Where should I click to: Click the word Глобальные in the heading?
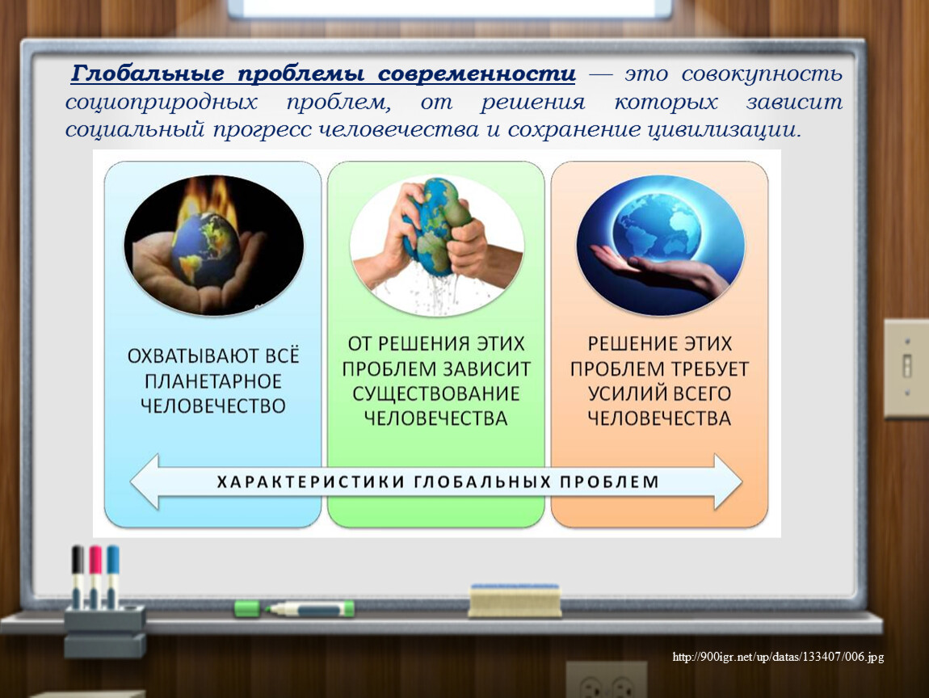[148, 74]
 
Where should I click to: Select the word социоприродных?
[161, 102]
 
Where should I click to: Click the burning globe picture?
[214, 245]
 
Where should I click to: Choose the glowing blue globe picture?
[661, 245]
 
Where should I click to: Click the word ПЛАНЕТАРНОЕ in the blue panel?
[213, 381]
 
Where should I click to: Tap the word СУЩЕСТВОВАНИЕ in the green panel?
[436, 393]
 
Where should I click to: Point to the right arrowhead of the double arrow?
[728, 481]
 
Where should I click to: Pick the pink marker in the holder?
[95, 576]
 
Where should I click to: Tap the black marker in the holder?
[78, 576]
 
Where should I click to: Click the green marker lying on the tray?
[294, 608]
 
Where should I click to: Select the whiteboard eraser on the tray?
[515, 600]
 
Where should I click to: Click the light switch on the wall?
[906, 368]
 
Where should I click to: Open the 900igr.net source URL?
[778, 657]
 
